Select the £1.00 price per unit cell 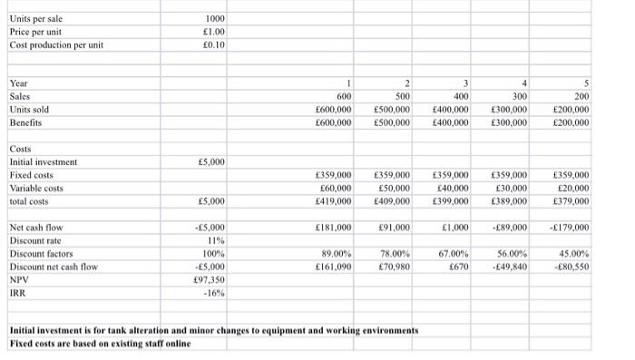[214, 32]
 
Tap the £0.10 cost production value [214, 45]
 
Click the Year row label [17, 84]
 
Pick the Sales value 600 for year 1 [343, 97]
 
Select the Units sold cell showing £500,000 [391, 110]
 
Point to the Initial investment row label [42, 161]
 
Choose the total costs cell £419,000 [331, 200]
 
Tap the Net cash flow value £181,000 [331, 228]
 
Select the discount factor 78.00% [394, 254]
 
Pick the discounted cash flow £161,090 [331, 267]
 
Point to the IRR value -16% [215, 293]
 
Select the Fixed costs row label [31, 174]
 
